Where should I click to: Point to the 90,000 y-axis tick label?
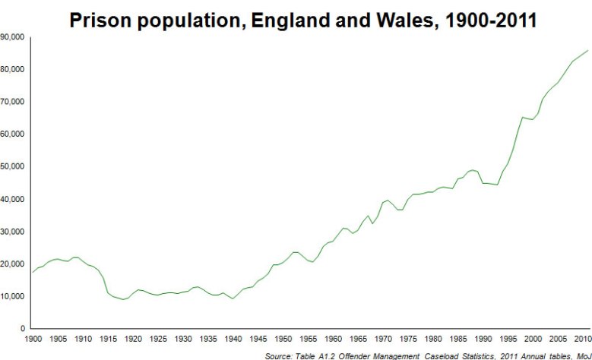13,36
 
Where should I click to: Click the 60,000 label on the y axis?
13,134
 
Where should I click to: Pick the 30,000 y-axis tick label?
13,231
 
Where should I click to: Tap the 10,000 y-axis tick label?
13,296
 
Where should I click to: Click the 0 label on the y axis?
24,329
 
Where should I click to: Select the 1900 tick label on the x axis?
33,339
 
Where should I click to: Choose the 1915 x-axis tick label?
108,339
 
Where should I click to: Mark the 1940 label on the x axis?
233,339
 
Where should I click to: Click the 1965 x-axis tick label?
357,339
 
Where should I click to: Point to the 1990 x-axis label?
482,339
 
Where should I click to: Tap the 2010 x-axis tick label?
581,339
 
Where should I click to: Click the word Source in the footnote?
278,355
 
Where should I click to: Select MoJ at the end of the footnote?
581,355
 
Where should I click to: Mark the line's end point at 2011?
588,50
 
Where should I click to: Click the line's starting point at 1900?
33,272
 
